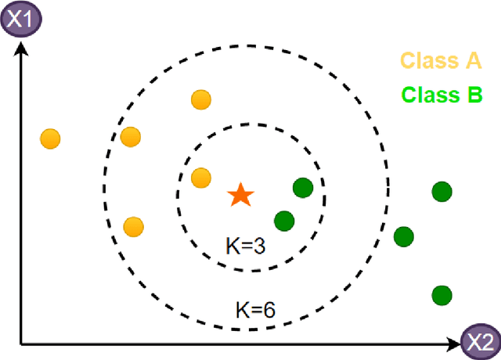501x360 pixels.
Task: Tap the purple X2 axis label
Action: (479, 341)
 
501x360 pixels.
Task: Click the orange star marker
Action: (240, 196)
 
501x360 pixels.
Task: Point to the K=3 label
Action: (246, 247)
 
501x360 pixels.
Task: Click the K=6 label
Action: (255, 308)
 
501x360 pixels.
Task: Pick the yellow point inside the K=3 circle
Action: (201, 178)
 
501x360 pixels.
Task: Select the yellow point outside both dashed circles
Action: (50, 139)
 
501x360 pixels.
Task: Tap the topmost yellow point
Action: (201, 99)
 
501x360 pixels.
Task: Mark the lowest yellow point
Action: (134, 227)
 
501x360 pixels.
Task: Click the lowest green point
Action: (442, 295)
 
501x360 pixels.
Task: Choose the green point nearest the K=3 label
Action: (284, 221)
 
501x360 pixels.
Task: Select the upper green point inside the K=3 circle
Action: (303, 188)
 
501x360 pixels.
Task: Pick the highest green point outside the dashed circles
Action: (442, 190)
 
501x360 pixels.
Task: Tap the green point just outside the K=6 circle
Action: (404, 236)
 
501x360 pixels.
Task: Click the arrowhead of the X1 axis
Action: (21, 46)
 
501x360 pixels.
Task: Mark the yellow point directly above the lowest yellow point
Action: (131, 138)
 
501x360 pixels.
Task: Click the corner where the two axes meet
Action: (21, 343)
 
